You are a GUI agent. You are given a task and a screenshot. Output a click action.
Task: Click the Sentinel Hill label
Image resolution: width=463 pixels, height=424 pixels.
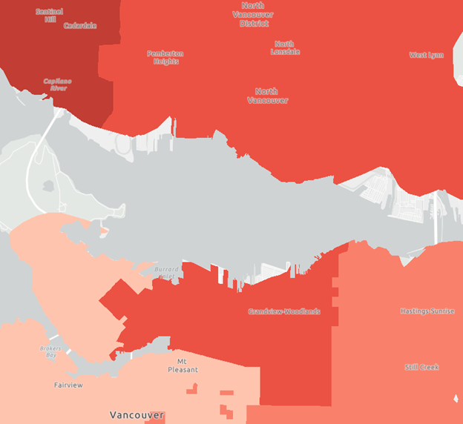click(50, 15)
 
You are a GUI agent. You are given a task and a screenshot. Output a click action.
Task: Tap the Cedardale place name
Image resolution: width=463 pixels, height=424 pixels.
click(79, 26)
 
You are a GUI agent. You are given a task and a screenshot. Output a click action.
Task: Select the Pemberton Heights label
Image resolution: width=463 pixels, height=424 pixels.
click(165, 57)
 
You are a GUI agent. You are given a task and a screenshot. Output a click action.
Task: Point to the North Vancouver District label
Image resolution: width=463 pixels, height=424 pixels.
click(253, 14)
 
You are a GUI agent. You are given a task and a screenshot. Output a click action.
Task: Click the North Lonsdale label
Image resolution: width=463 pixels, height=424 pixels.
click(285, 47)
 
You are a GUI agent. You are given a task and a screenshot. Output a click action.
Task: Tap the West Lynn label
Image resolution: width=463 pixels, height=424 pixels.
click(427, 55)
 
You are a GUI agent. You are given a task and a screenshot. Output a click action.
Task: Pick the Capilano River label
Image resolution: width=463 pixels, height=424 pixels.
click(55, 84)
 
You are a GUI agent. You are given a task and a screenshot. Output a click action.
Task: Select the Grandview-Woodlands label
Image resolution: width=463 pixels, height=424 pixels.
click(284, 311)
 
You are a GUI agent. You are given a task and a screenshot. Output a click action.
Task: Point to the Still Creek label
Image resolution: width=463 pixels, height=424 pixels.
click(421, 367)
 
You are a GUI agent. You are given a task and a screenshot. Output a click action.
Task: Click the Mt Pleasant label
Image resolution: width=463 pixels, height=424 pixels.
click(183, 365)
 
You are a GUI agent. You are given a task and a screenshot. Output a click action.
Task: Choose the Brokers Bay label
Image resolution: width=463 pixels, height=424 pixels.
click(49, 351)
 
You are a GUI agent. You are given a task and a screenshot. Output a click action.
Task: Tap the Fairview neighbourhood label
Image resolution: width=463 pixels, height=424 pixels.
click(68, 385)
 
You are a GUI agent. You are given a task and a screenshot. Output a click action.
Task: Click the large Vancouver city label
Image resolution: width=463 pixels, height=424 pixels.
click(137, 415)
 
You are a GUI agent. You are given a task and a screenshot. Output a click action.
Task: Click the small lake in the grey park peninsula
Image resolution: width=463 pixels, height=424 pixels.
click(50, 186)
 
